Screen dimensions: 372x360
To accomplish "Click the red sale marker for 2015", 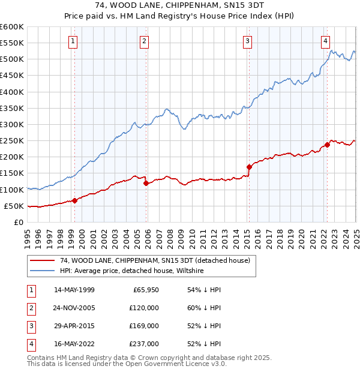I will pyautogui.click(x=249, y=167).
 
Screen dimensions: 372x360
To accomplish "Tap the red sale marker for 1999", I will pyautogui.click(x=75, y=200).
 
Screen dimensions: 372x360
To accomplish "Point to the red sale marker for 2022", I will pyautogui.click(x=327, y=145).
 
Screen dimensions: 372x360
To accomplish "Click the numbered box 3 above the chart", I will pyautogui.click(x=247, y=41).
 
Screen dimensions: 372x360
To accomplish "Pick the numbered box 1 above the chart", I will pyautogui.click(x=73, y=41).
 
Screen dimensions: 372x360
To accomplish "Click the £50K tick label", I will pyautogui.click(x=14, y=206).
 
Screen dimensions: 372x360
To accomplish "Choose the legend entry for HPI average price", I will pyautogui.click(x=132, y=271).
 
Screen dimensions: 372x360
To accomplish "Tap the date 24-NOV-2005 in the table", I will pyautogui.click(x=74, y=308).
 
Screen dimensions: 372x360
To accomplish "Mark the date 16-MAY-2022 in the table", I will pyautogui.click(x=74, y=344).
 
